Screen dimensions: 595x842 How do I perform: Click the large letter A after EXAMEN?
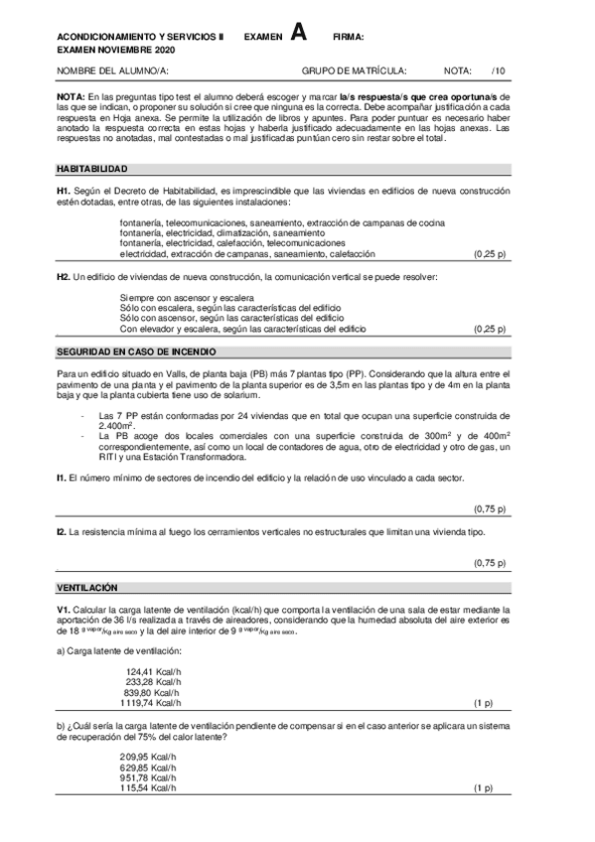(298, 33)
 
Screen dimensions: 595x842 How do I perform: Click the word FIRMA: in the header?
(348, 37)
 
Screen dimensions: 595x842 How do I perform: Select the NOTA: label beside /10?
(458, 71)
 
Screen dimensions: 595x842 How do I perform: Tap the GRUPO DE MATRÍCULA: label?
(354, 71)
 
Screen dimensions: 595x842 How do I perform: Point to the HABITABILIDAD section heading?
(90, 170)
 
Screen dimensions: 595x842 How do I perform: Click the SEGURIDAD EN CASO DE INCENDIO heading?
(136, 352)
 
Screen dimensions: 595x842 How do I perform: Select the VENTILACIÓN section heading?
(87, 588)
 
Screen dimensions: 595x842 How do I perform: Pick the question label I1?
(62, 479)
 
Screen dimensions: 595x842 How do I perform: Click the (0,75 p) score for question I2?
(490, 563)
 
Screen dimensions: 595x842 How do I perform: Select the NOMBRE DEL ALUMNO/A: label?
(111, 71)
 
